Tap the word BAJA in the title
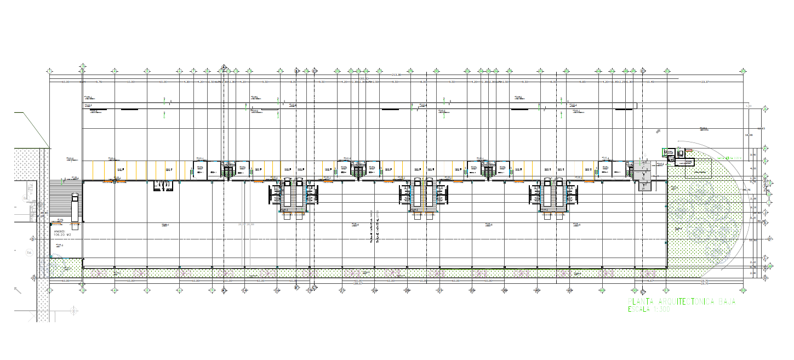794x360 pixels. [727, 302]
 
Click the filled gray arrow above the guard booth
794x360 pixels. [659, 131]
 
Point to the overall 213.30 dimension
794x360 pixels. [395, 75]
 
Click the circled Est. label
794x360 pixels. [28, 253]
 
